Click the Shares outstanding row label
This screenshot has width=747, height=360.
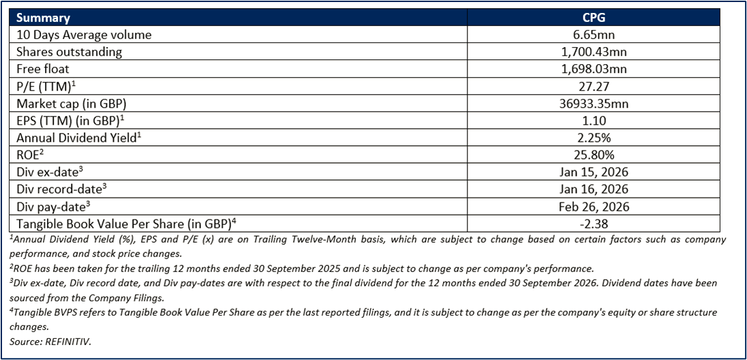(69, 52)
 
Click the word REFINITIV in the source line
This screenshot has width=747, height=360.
(67, 342)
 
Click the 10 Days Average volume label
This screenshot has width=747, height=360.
(83, 35)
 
